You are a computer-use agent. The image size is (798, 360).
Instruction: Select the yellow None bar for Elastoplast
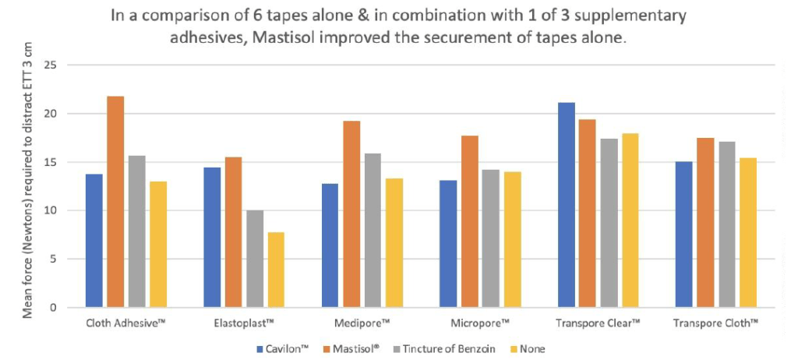(276, 270)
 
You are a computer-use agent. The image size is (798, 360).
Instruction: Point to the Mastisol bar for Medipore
(351, 214)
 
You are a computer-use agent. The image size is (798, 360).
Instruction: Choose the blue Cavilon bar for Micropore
(448, 244)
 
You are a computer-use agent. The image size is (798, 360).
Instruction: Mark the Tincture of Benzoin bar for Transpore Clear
(609, 223)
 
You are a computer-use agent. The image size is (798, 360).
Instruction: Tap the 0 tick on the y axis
(54, 307)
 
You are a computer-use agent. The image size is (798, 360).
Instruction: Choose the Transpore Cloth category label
(715, 323)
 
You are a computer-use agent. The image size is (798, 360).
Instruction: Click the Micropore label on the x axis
(479, 323)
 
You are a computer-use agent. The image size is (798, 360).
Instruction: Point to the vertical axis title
(27, 187)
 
